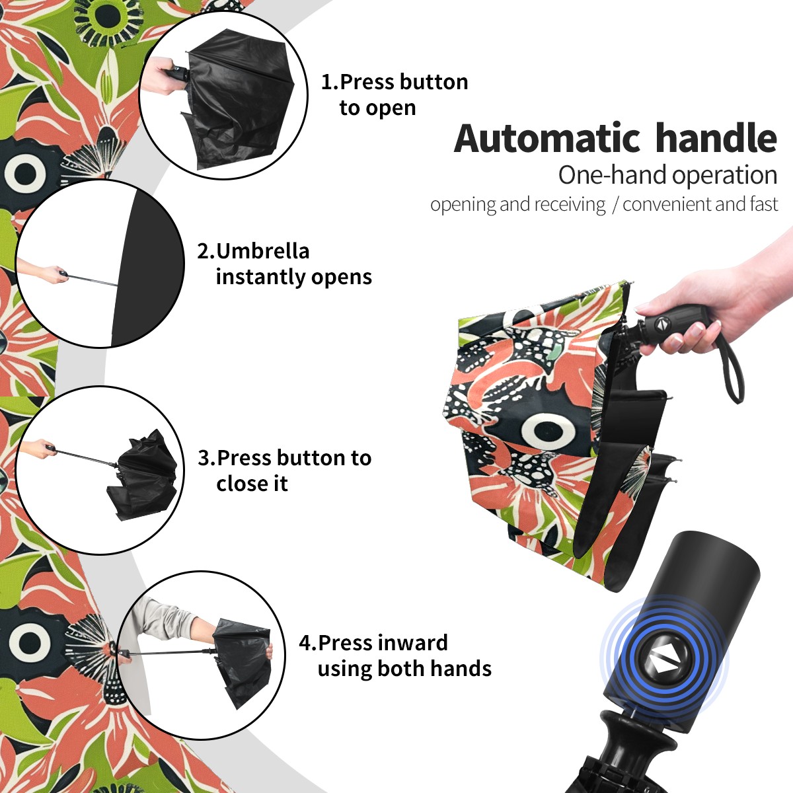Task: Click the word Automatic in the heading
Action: point(547,138)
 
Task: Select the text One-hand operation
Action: point(667,175)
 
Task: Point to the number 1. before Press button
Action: point(329,82)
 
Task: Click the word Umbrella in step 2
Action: point(262,251)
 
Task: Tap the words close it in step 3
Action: point(252,484)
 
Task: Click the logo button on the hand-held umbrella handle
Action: point(661,324)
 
